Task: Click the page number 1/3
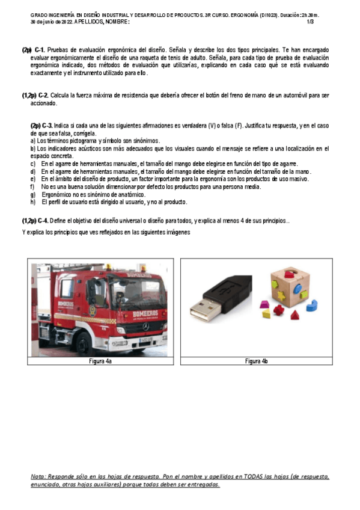click(x=310, y=22)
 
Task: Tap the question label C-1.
click(x=40, y=50)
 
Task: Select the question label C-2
click(x=43, y=96)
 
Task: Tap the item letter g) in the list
click(x=33, y=194)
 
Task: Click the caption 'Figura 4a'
click(x=100, y=361)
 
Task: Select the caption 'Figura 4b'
click(x=257, y=361)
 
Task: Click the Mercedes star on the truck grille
click(x=146, y=327)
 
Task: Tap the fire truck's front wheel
click(x=85, y=345)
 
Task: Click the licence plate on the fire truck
click(x=145, y=340)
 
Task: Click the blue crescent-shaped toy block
click(x=312, y=306)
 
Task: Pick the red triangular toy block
click(x=294, y=315)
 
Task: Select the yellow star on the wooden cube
click(x=281, y=296)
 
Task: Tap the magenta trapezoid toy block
click(x=265, y=304)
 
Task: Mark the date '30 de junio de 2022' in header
click(x=52, y=22)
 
